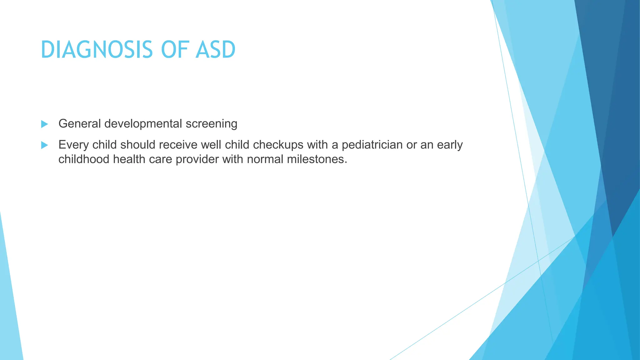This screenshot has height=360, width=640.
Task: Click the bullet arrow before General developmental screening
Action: (44, 124)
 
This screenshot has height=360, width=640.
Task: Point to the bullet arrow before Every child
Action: (44, 145)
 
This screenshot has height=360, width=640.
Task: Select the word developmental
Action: (143, 124)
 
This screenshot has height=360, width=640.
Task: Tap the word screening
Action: (212, 124)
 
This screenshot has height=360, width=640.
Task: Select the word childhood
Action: (84, 159)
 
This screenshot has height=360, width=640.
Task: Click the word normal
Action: (265, 159)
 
